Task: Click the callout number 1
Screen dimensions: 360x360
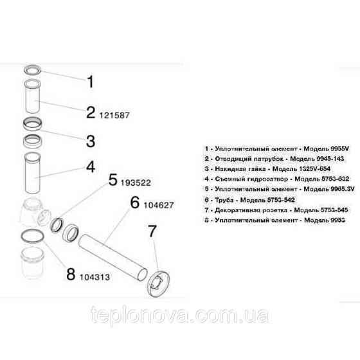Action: click(90, 82)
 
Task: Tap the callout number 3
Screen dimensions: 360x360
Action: click(91, 140)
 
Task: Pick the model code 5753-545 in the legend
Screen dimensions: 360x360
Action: click(324, 211)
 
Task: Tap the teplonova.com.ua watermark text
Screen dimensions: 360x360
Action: click(180, 316)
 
